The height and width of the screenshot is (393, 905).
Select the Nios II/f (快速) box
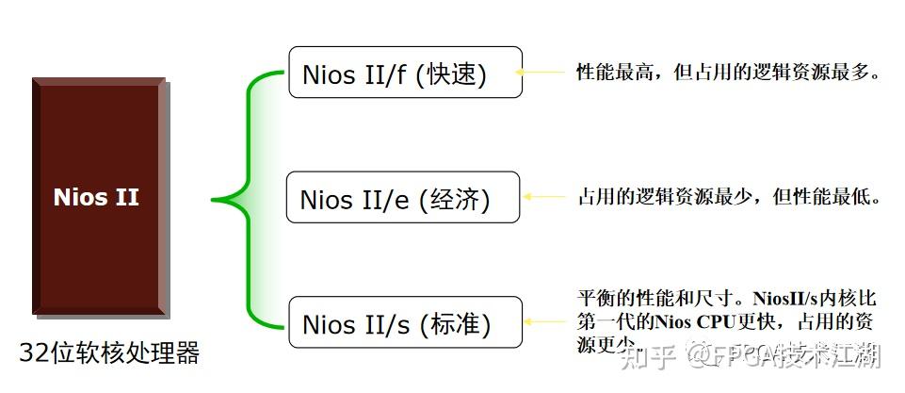coord(404,73)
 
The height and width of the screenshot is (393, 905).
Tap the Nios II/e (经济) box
coord(402,198)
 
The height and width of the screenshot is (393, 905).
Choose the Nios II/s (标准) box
coord(404,322)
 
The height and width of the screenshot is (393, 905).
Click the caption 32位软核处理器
coord(109,353)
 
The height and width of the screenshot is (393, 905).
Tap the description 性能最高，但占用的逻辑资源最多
coord(727,72)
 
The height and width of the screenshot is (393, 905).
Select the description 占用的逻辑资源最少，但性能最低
coord(728,198)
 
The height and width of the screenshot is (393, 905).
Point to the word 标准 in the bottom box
coord(461,325)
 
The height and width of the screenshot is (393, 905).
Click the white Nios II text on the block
coord(96,197)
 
